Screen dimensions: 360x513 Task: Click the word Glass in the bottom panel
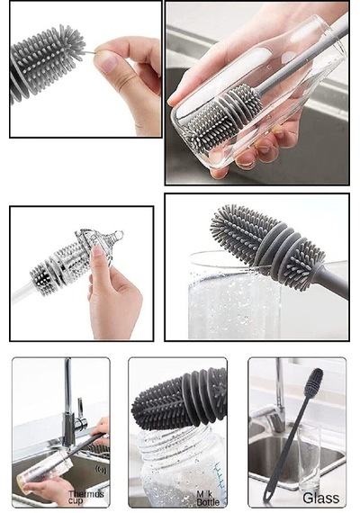click(x=320, y=498)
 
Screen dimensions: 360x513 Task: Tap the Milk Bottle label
click(x=208, y=498)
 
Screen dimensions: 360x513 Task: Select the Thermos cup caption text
click(x=85, y=498)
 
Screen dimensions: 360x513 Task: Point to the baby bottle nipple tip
click(x=119, y=234)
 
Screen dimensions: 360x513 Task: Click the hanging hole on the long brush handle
click(x=267, y=497)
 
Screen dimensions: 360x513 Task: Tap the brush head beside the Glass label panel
click(x=313, y=382)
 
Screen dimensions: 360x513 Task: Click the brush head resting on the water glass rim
click(x=266, y=246)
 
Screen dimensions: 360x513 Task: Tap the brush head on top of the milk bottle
click(x=179, y=397)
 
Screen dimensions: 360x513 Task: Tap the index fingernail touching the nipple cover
click(x=97, y=251)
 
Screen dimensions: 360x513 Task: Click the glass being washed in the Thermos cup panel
click(x=44, y=472)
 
